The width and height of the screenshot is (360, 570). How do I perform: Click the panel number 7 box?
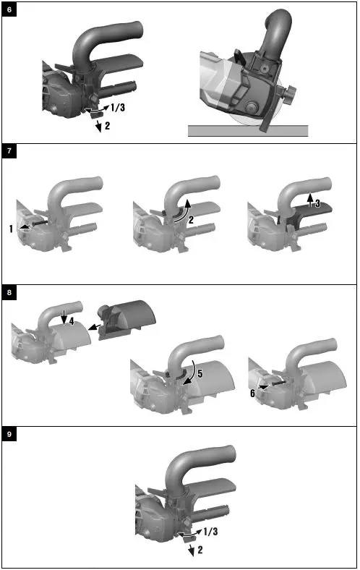9,152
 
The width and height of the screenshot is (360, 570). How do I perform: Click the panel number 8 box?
9,293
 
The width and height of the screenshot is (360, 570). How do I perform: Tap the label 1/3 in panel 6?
119,107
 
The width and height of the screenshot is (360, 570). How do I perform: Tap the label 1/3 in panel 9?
210,532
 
